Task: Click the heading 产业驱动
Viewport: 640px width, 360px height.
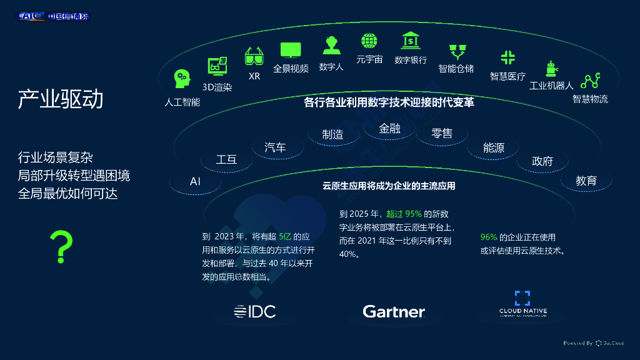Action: coord(60,99)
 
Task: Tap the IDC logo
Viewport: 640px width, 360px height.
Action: coord(254,311)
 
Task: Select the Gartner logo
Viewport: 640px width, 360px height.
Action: coord(394,311)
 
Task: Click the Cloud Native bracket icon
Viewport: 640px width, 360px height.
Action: coord(522,298)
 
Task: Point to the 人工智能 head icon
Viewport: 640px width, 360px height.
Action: coord(182,78)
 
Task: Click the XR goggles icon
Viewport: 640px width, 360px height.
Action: coord(254,57)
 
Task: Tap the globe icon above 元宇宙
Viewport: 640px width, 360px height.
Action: coord(369,41)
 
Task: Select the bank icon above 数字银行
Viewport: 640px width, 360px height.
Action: coord(411,41)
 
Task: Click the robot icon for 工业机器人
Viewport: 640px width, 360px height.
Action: coord(551,69)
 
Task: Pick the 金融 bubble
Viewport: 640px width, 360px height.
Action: coord(389,129)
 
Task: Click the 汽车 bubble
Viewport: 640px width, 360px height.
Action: coord(276,147)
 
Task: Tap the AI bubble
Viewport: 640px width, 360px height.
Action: coord(195,181)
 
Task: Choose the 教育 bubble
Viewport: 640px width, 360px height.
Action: coord(586,181)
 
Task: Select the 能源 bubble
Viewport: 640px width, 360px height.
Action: coord(494,147)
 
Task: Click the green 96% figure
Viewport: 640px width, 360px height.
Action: coord(489,237)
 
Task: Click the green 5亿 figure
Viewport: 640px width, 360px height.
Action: coord(285,236)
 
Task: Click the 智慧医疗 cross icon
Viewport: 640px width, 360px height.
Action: coord(507,57)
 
